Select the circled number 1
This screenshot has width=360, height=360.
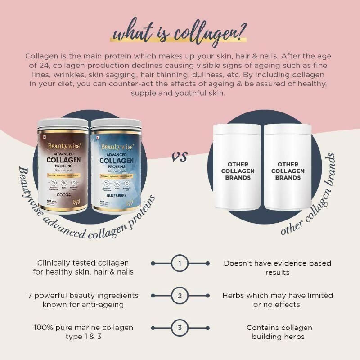click(x=180, y=263)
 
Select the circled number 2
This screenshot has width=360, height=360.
click(x=180, y=296)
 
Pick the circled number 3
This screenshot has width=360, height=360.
click(x=180, y=328)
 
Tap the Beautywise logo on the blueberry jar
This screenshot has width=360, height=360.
click(x=117, y=146)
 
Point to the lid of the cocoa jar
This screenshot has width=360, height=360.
click(x=63, y=124)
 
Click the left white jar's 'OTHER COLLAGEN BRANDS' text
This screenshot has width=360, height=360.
click(x=238, y=171)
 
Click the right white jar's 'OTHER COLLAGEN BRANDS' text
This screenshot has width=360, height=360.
click(x=288, y=171)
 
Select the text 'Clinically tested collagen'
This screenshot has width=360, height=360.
click(x=83, y=263)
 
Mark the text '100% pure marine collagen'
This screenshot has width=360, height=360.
click(x=83, y=328)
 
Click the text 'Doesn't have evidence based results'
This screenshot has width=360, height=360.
click(x=277, y=267)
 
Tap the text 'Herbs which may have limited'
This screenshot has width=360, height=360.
click(x=278, y=295)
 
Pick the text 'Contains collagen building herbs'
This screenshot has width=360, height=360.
click(x=277, y=332)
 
